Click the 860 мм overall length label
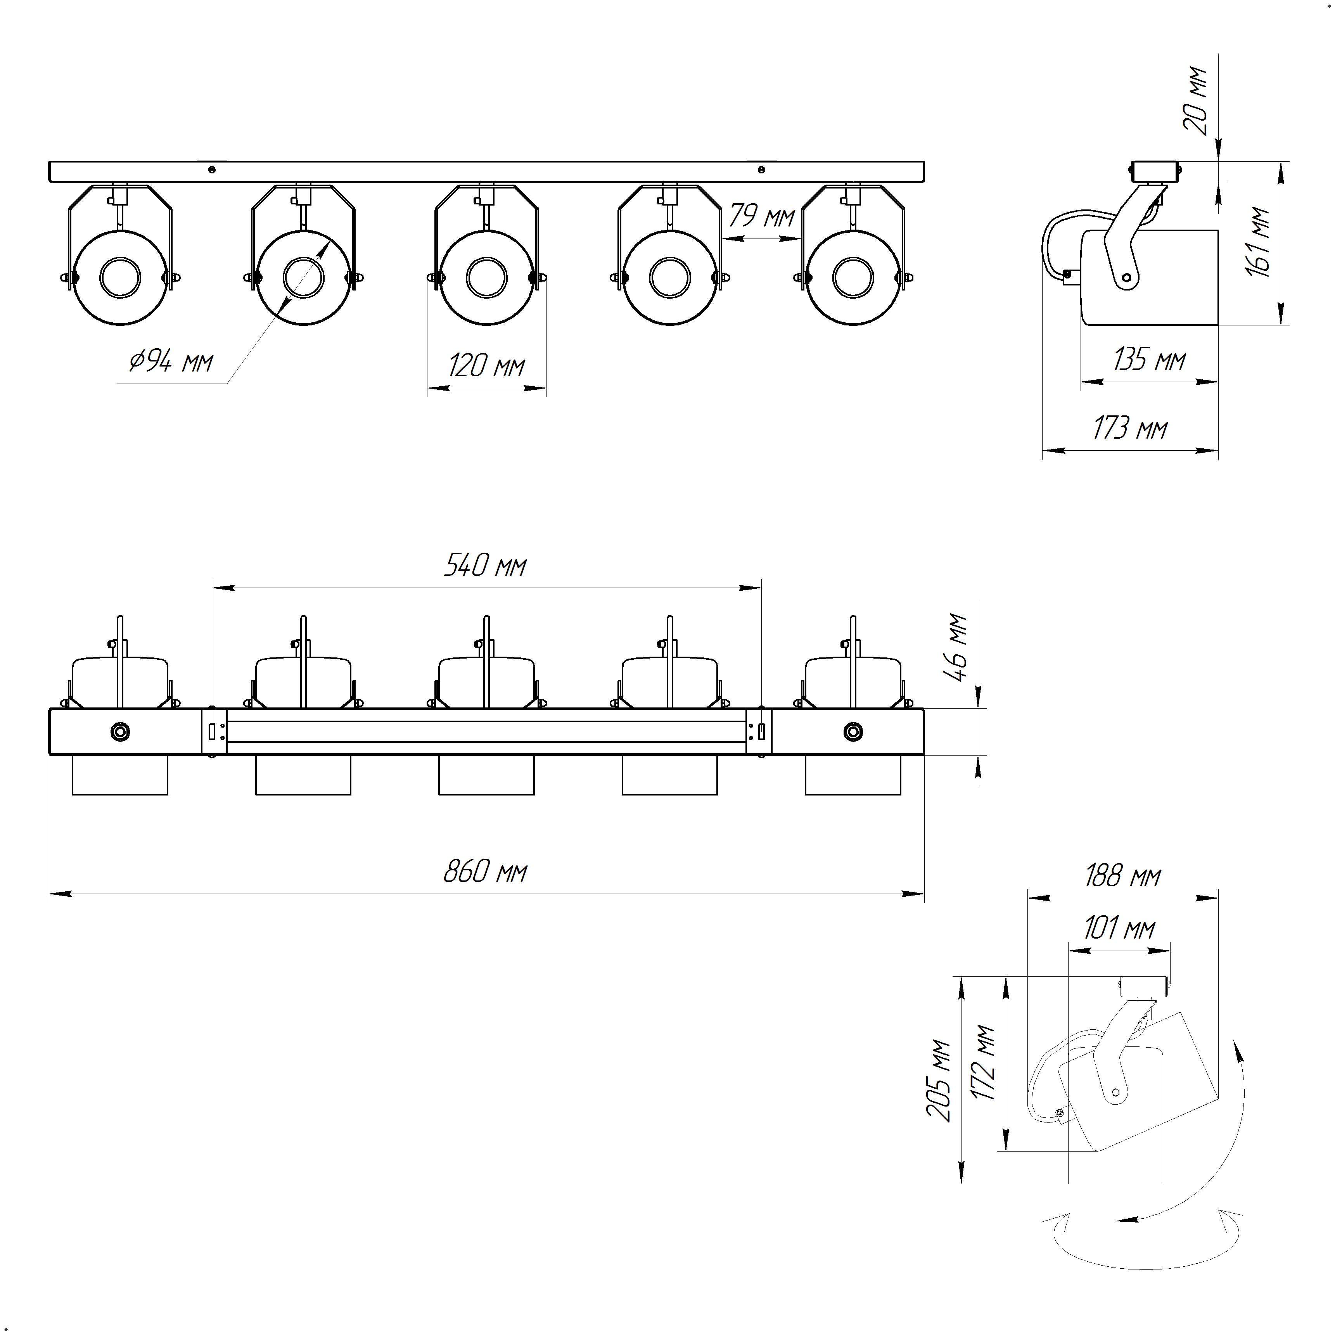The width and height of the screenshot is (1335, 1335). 485,872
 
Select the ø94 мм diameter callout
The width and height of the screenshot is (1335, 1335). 171,361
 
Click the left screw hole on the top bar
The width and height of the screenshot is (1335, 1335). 212,169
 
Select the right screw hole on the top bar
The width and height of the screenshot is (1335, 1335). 761,169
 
